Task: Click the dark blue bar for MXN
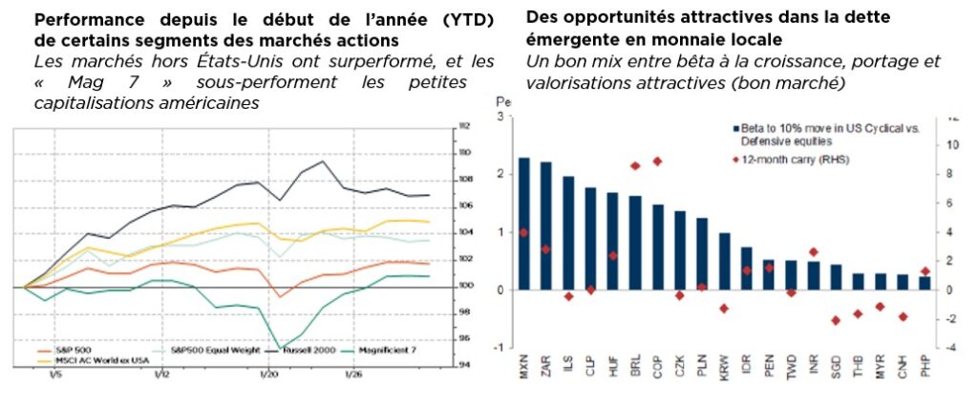(523, 224)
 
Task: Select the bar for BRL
(635, 243)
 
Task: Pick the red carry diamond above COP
(657, 161)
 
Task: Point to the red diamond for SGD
(836, 320)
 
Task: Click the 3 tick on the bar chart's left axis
(499, 117)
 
